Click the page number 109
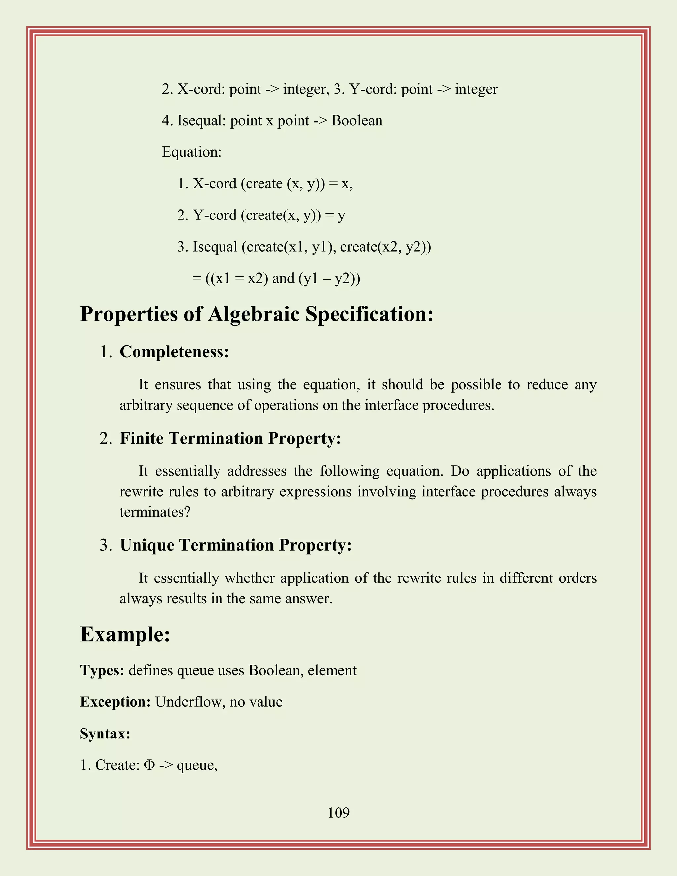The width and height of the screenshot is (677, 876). coord(338,813)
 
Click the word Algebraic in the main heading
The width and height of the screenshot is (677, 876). coord(254,314)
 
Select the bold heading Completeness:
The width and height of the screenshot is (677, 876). coord(174,352)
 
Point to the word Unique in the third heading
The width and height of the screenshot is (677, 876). coord(147,545)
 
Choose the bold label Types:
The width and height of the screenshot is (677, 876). coord(102,670)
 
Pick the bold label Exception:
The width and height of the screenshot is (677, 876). coord(115,702)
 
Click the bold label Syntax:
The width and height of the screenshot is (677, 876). coord(105,734)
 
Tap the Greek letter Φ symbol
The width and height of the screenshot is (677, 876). coord(149,765)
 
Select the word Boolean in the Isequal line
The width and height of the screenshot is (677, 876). coord(357,120)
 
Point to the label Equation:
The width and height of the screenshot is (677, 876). coord(192,152)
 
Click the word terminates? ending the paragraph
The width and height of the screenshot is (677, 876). coord(155,512)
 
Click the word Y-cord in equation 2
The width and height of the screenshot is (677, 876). coord(215,215)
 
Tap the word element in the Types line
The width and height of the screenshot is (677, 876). coord(332,670)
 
